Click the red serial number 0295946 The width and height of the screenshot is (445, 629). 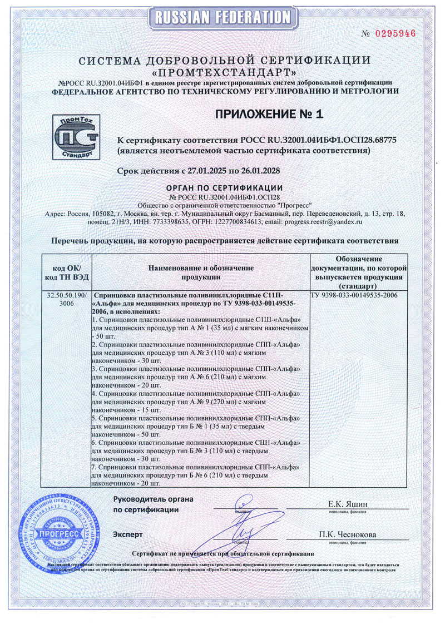(x=396, y=33)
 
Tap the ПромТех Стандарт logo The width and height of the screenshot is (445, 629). (x=78, y=136)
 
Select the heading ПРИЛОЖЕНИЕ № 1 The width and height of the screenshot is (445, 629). (x=268, y=115)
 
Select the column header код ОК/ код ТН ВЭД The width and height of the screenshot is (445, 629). (x=66, y=272)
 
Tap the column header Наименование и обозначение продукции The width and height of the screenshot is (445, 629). (x=201, y=272)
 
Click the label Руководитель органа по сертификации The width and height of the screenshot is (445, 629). (x=153, y=504)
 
